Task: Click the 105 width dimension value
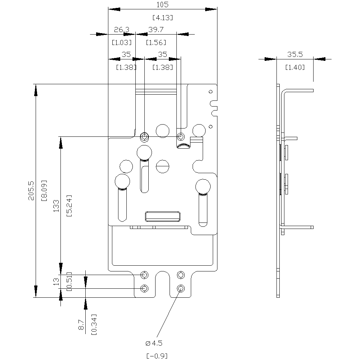coord(163,5)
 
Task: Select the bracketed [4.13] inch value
coord(163,17)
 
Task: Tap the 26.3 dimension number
coord(122,30)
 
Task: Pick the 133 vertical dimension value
coord(56,206)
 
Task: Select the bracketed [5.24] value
coord(69,206)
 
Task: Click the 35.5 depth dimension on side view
coord(295,55)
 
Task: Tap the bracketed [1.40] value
coord(295,67)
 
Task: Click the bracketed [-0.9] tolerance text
coord(157,356)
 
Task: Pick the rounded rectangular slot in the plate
coord(162,216)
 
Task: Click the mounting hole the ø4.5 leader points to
coord(181,288)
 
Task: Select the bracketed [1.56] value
coord(156,42)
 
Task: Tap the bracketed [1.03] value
coord(122,42)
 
